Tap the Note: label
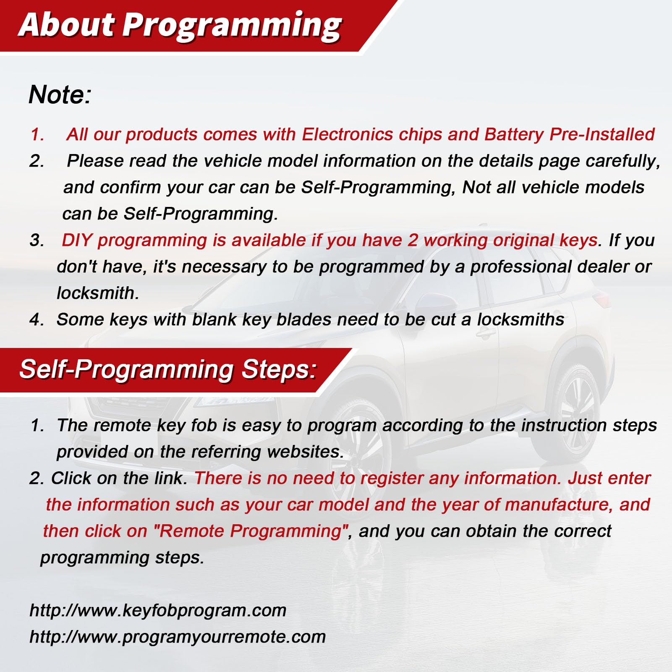tap(60, 94)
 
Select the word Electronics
tap(347, 134)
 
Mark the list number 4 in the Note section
tap(36, 320)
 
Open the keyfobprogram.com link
tap(158, 610)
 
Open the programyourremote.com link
tap(178, 637)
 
